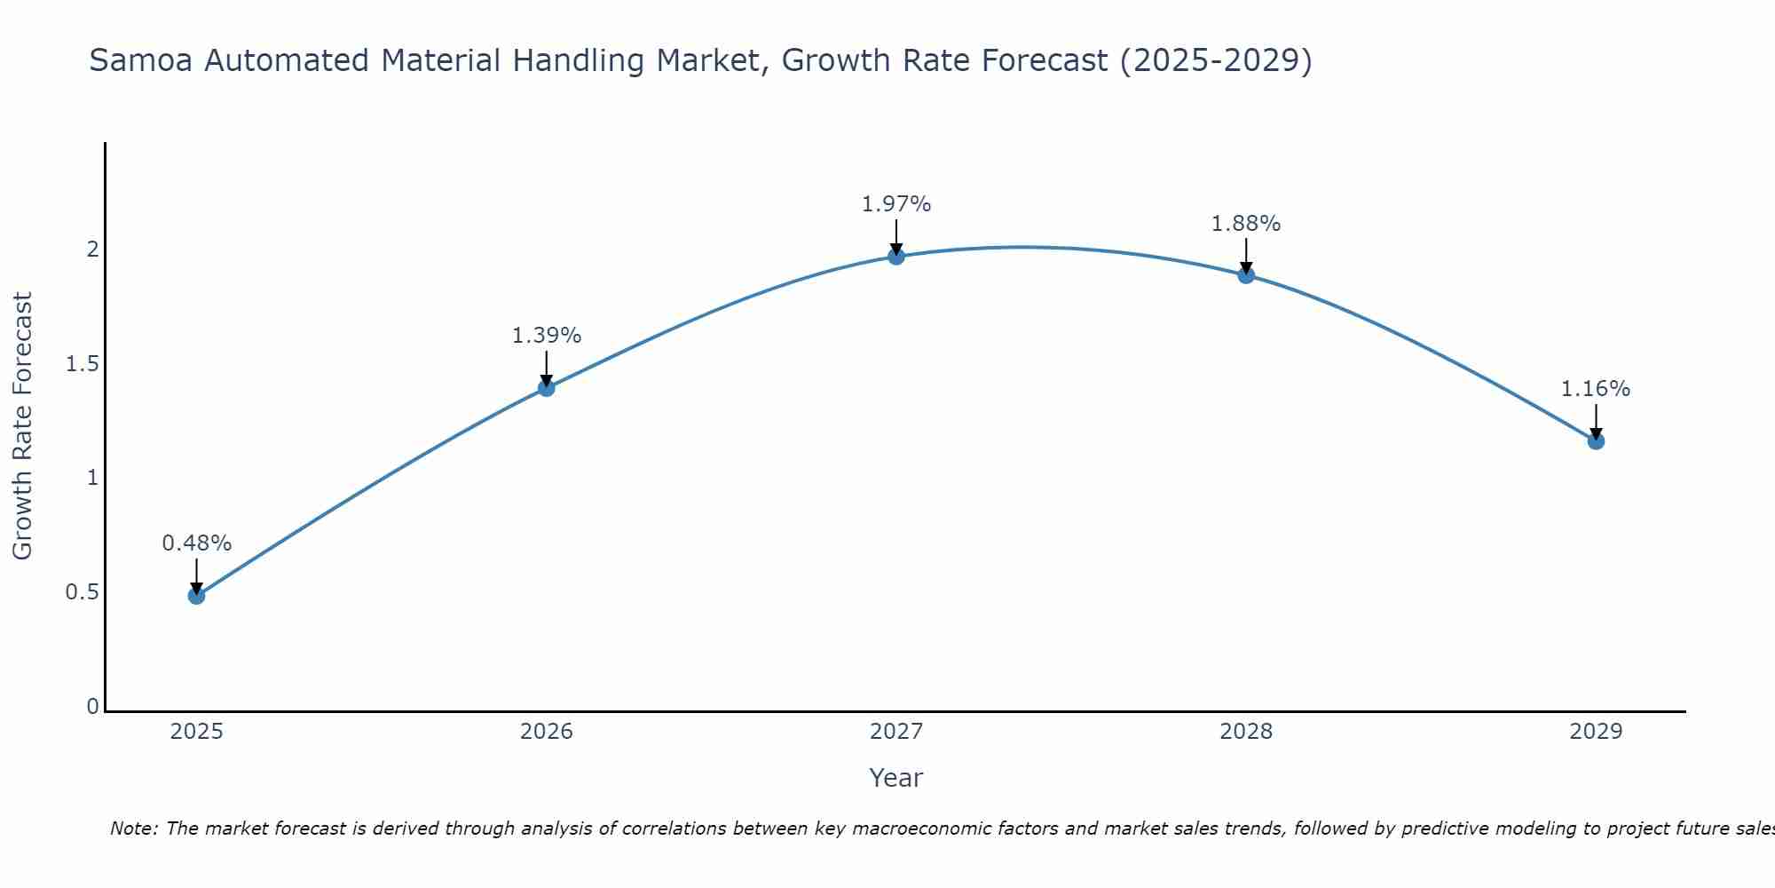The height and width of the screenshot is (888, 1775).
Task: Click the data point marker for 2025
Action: point(197,595)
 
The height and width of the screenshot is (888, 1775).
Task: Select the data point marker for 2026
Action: point(547,387)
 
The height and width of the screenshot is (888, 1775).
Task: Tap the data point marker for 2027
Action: point(896,257)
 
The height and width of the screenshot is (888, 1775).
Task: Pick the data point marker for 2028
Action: point(1246,275)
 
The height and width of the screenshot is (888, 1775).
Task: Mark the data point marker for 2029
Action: point(1596,440)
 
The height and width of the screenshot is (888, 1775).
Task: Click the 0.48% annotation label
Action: point(197,543)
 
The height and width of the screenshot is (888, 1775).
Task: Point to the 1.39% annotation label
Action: point(547,336)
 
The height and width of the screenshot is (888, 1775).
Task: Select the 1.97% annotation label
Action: point(896,204)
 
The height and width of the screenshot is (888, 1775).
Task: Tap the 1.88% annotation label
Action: point(1246,224)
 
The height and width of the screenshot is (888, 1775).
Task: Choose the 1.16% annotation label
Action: point(1596,389)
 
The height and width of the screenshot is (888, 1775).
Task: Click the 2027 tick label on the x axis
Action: point(896,732)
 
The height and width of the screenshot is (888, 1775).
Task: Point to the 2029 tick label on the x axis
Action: point(1596,732)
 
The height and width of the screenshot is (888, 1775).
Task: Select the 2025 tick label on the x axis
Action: point(197,732)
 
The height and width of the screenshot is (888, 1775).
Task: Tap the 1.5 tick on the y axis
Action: point(82,364)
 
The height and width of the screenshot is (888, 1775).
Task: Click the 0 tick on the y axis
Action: point(92,707)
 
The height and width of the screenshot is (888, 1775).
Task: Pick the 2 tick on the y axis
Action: point(92,250)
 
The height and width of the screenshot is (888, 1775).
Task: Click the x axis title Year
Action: point(896,778)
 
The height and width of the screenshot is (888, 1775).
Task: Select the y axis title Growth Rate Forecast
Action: point(23,426)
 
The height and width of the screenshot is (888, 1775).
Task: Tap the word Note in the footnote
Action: point(133,829)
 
